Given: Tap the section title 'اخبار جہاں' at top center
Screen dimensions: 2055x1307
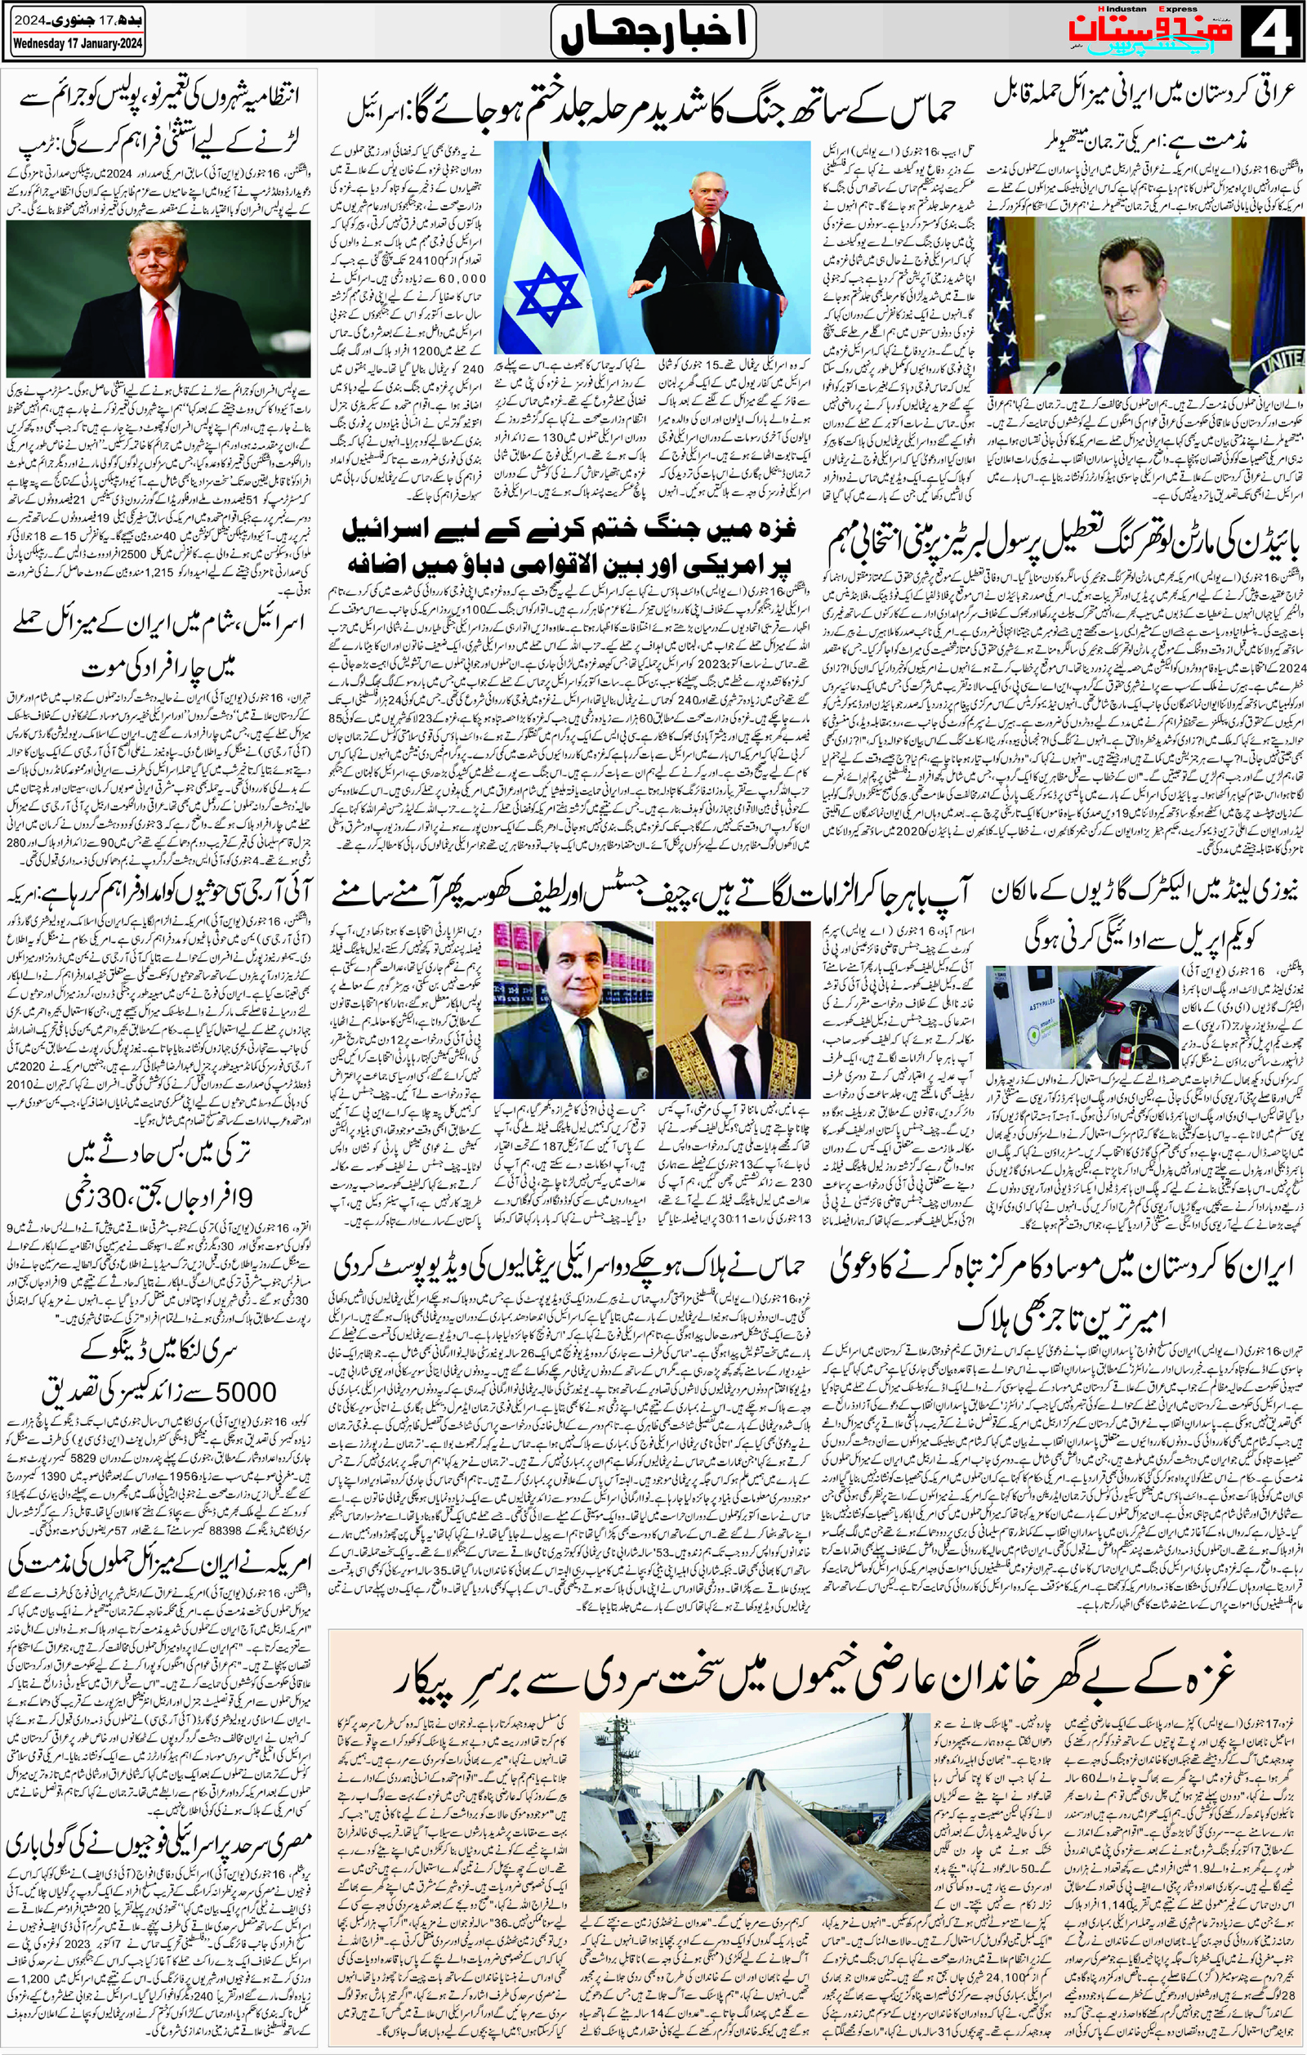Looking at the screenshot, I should (653, 32).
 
